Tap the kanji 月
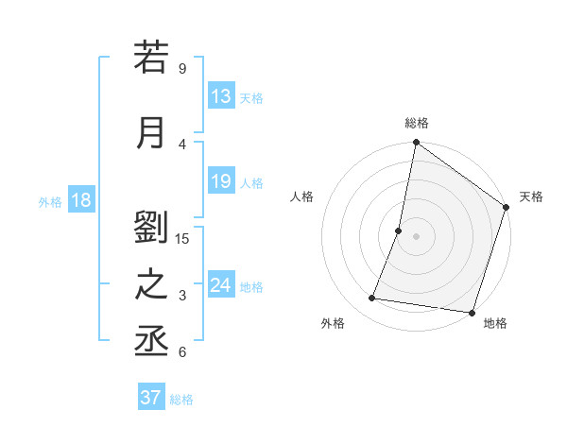[151, 132]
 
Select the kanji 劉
[151, 228]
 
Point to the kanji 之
[151, 286]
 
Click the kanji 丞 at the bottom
[151, 343]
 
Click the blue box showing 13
[221, 96]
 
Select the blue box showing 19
[221, 181]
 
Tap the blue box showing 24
[221, 285]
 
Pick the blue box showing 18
[80, 200]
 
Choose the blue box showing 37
[151, 398]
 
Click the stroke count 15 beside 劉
[182, 238]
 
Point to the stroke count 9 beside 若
[182, 68]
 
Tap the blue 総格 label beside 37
[181, 400]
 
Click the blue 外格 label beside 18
[50, 201]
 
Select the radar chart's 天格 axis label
[531, 196]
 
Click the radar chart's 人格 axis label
[301, 196]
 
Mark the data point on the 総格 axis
[416, 144]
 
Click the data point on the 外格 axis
[372, 299]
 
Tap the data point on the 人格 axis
[399, 231]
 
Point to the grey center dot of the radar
[416, 236]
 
